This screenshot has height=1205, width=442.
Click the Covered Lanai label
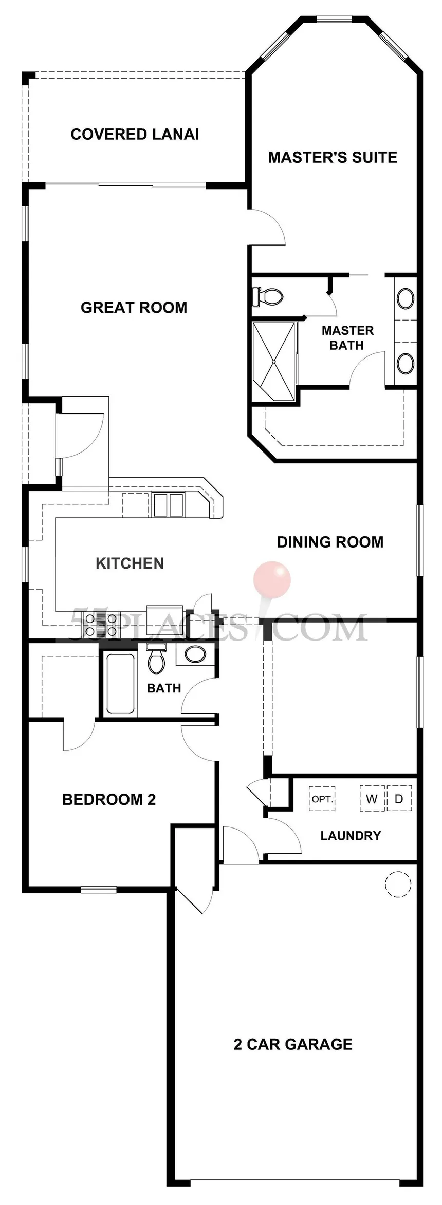pyautogui.click(x=135, y=135)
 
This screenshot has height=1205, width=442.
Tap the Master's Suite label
pyautogui.click(x=333, y=157)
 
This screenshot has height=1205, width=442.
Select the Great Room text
pyautogui.click(x=134, y=308)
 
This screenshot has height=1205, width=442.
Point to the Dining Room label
pyautogui.click(x=330, y=542)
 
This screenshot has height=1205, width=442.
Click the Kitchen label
pyautogui.click(x=130, y=563)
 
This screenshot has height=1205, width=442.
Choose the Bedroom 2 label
pyautogui.click(x=108, y=799)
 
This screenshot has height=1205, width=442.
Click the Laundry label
pyautogui.click(x=351, y=836)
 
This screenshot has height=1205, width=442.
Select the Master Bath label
pyautogui.click(x=347, y=338)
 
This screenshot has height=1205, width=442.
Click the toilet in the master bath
pyautogui.click(x=267, y=297)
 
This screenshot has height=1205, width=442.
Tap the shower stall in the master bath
pyautogui.click(x=274, y=362)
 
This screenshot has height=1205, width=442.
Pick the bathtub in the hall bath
pyautogui.click(x=121, y=683)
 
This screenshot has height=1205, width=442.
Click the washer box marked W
pyautogui.click(x=372, y=799)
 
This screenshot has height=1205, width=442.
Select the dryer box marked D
pyautogui.click(x=399, y=799)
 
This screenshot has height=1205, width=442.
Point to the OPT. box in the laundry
pyautogui.click(x=322, y=799)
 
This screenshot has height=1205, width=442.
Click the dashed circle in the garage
pyautogui.click(x=398, y=884)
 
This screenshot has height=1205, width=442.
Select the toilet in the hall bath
pyautogui.click(x=156, y=658)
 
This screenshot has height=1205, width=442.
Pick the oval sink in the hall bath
pyautogui.click(x=195, y=654)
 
